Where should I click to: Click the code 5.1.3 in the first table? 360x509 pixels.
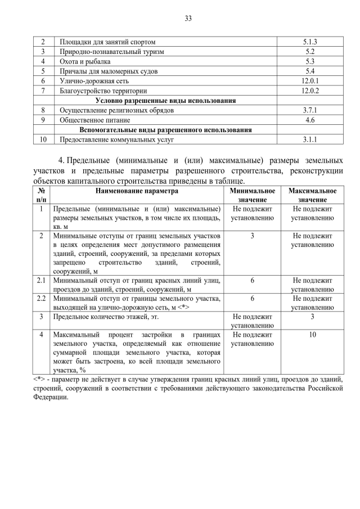tap(310, 42)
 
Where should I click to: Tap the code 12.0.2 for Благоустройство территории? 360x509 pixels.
tap(310, 91)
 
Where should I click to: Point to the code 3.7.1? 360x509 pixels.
tap(310, 110)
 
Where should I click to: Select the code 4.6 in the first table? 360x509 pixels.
tap(310, 120)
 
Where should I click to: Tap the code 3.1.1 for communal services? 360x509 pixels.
tap(310, 139)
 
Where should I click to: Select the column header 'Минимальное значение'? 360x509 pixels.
tap(253, 195)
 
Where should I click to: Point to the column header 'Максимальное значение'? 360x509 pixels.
tap(312, 195)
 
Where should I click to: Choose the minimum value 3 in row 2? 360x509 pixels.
tap(253, 235)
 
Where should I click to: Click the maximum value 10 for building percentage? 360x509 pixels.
tap(312, 335)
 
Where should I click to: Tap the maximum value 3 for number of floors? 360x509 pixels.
tap(312, 317)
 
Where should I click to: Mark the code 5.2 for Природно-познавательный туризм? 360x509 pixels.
tap(310, 52)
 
